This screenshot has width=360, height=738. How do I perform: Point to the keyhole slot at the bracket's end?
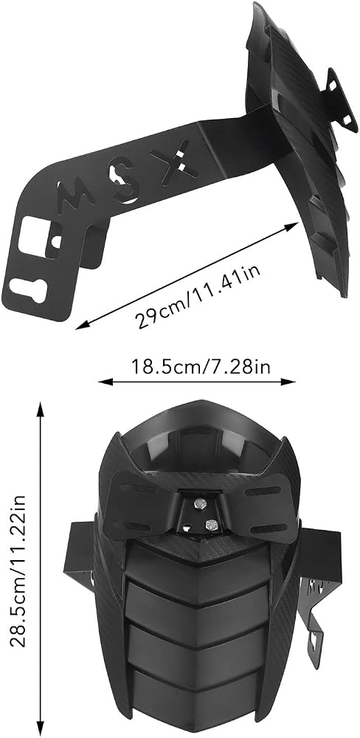[30, 288]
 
